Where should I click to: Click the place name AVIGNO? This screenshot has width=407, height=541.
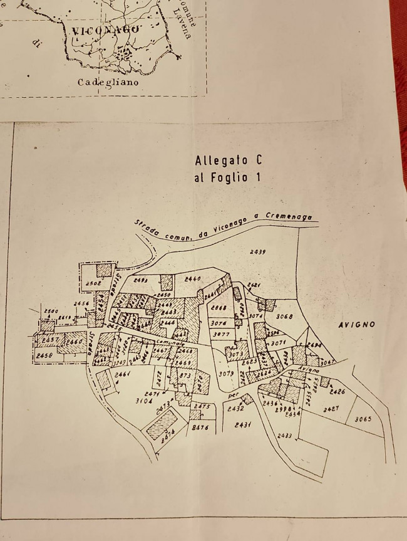point(356,325)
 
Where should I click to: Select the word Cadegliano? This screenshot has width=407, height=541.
point(108,82)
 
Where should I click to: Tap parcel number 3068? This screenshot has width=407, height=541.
point(284,316)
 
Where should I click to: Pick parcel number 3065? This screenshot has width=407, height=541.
point(363,419)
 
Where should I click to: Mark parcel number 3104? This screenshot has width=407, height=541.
point(145,399)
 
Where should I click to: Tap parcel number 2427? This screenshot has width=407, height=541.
point(331,409)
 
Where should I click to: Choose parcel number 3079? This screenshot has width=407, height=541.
point(226,374)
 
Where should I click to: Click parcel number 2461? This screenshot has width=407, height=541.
point(122,374)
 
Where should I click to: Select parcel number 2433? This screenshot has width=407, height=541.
point(285,435)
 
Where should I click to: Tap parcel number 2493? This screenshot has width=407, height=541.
point(140,280)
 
